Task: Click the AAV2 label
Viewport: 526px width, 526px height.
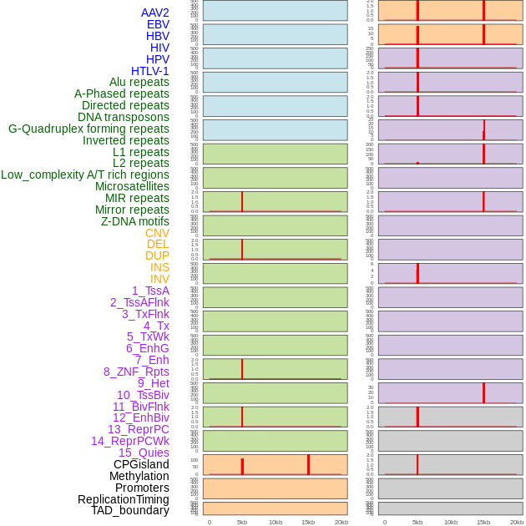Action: click(154, 13)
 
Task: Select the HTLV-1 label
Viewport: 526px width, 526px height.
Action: click(149, 71)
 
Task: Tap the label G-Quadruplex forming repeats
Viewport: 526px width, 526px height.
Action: click(89, 129)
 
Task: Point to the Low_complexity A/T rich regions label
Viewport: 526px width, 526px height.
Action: click(85, 174)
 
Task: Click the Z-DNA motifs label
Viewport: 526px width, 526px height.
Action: click(134, 221)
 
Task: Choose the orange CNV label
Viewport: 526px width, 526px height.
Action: click(157, 233)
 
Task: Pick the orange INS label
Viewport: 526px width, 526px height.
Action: click(159, 267)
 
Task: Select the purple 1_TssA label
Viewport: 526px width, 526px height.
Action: click(150, 291)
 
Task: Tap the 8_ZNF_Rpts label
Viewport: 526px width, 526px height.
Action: click(136, 372)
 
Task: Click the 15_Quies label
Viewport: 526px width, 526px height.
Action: click(144, 453)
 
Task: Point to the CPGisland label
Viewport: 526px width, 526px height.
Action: click(141, 464)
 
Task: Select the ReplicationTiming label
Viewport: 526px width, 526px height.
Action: click(123, 499)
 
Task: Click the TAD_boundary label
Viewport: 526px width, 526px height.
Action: click(129, 510)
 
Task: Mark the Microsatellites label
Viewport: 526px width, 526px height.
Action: click(132, 186)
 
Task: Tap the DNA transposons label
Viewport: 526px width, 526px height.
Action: click(124, 117)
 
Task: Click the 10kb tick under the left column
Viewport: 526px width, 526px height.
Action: click(276, 522)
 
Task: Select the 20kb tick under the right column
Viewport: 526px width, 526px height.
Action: click(517, 522)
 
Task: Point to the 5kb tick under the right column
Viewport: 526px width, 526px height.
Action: click(417, 522)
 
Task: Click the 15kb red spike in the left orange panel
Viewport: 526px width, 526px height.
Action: click(308, 465)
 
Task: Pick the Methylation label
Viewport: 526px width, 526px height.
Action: click(139, 476)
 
